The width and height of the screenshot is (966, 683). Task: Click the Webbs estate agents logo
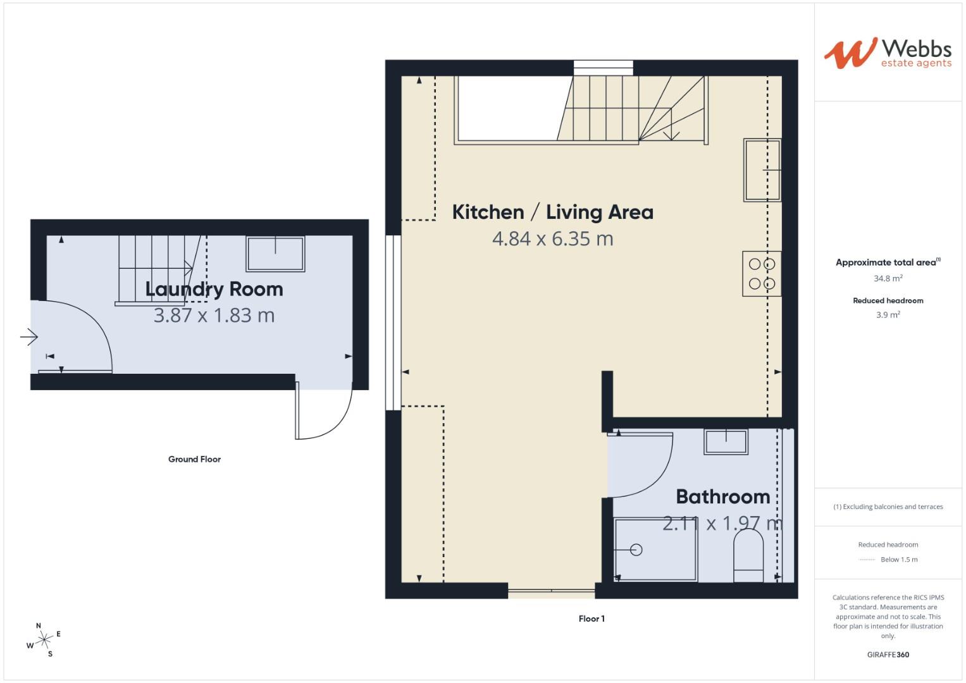888,52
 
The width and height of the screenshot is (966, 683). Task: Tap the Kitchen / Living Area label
552,212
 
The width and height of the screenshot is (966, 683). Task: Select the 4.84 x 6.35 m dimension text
552,239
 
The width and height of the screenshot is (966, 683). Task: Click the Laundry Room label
214,289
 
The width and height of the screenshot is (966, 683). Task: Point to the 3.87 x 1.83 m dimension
214,315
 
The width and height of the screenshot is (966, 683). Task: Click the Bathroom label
722,496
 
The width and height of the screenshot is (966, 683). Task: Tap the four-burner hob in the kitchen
762,274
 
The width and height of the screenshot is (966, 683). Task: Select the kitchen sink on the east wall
762,170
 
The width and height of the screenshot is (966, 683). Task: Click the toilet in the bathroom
748,555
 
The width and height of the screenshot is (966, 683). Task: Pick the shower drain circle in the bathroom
636,550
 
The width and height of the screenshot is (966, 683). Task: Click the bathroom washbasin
726,441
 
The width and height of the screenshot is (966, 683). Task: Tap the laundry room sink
275,254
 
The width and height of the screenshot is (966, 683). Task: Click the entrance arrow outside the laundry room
29,337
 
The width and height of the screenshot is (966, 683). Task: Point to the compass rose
44,640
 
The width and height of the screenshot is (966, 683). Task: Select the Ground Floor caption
194,459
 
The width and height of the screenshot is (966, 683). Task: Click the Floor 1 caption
591,618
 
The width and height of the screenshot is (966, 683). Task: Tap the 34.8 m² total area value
888,278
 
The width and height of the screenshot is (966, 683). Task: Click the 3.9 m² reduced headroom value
888,315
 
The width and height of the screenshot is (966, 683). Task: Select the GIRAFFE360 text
888,655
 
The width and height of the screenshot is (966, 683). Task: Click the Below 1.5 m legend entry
898,560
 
